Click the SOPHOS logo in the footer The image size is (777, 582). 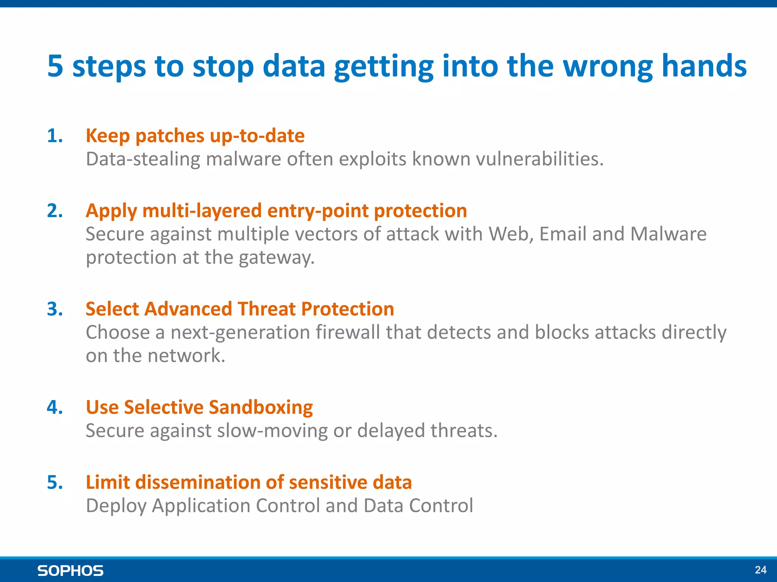[70, 571]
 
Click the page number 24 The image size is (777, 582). [760, 570]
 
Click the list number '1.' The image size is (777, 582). [55, 136]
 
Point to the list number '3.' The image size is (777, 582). [55, 309]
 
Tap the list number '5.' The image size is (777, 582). [55, 482]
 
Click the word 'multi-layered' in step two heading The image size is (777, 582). [202, 211]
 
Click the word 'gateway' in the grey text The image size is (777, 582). [276, 258]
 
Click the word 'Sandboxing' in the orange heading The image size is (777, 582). [261, 407]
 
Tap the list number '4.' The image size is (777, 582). [55, 407]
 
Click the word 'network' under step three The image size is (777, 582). [184, 356]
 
